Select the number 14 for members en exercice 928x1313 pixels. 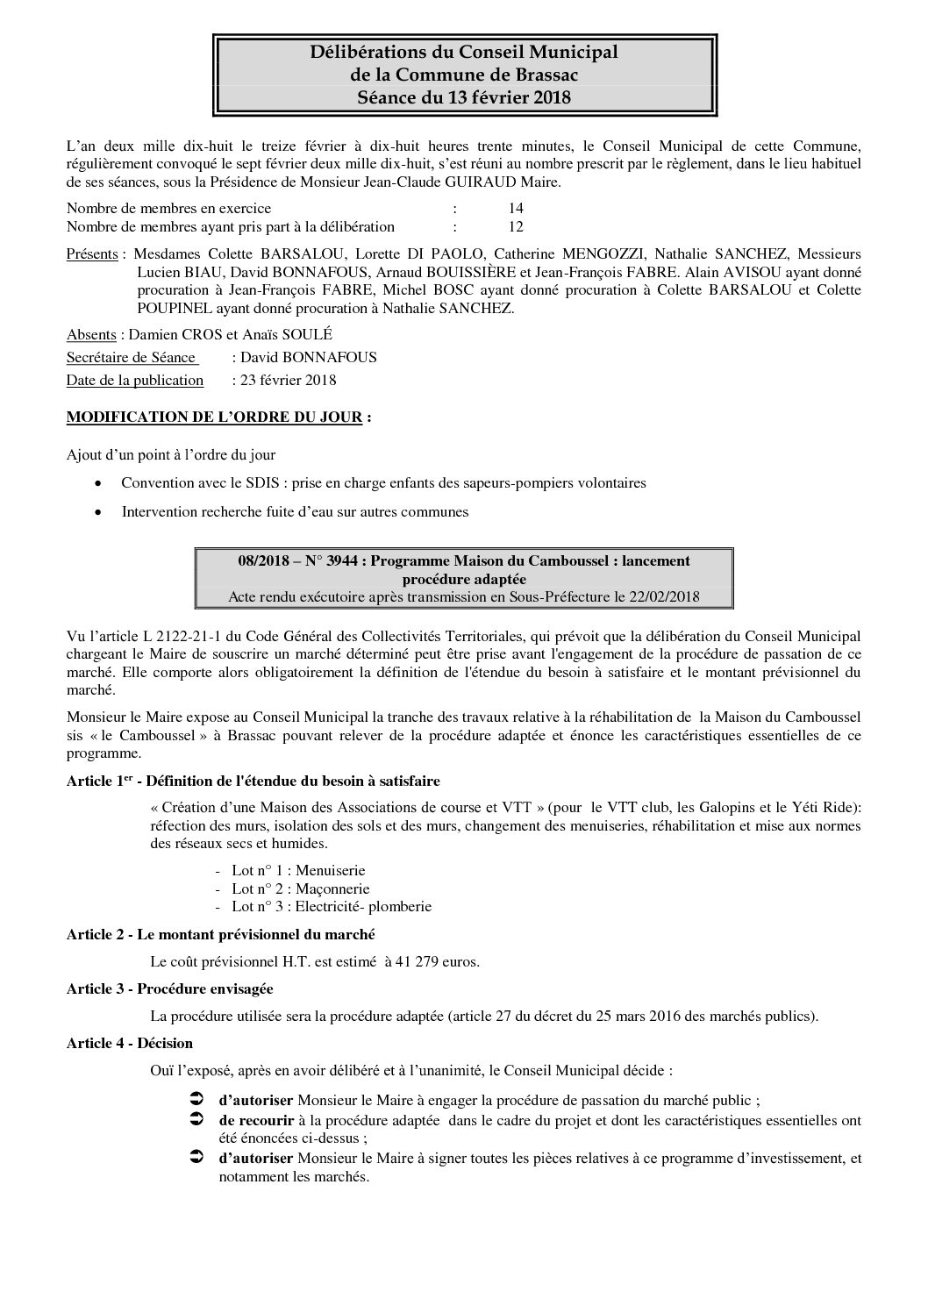(x=516, y=209)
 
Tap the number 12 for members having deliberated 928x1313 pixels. (x=516, y=227)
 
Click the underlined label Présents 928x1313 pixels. (x=92, y=254)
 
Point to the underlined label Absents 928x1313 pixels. (x=91, y=335)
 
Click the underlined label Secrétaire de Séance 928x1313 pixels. (x=132, y=357)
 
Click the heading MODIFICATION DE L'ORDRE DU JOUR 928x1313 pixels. (x=214, y=417)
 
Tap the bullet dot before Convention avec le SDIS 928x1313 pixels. (x=101, y=483)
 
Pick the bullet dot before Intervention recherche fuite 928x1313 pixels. (x=101, y=511)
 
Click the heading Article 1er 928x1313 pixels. (x=96, y=781)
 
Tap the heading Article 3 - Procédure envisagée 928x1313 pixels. (x=169, y=988)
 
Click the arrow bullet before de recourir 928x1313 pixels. (x=196, y=1119)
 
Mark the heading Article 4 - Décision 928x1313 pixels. (x=129, y=1043)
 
